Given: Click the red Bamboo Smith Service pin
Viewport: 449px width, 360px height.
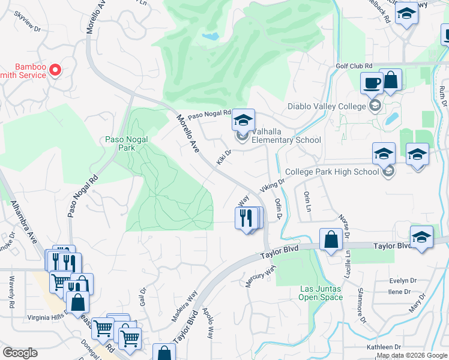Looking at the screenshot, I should [55, 70].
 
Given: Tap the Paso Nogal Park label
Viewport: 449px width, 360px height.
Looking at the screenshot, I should [127, 144].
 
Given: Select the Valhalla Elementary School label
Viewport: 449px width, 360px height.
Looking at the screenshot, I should [286, 136].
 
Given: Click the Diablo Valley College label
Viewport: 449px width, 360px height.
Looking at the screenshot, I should [318, 106].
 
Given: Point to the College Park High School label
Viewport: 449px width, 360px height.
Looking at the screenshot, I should [332, 172].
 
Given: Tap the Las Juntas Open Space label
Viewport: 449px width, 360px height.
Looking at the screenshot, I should [321, 293].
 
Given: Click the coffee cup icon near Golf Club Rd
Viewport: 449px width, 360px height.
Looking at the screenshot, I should [372, 82].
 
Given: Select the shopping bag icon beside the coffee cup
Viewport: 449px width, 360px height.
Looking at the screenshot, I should [391, 80].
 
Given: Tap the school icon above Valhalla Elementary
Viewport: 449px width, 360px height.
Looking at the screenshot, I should [243, 120].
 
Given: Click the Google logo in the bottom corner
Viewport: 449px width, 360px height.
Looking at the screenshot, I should [20, 353].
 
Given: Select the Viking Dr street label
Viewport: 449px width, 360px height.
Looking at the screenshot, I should [273, 182].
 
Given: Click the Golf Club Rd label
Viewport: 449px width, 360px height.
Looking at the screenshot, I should [354, 66].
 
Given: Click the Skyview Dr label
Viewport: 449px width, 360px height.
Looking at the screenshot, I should [29, 28].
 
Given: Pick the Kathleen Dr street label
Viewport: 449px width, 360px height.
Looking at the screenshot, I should [385, 347].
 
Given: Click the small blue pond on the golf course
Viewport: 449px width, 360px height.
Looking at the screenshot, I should [211, 37].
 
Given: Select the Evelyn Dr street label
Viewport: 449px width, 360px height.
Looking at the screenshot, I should [402, 280].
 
